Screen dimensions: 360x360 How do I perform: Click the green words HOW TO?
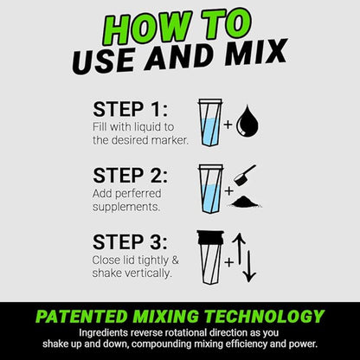click(x=177, y=27)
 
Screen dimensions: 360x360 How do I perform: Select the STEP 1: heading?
click(x=130, y=109)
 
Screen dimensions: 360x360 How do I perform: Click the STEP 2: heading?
click(x=130, y=176)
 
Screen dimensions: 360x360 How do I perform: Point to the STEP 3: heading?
click(x=130, y=241)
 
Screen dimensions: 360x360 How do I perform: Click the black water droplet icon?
click(x=247, y=121)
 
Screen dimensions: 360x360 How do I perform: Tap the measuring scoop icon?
click(x=244, y=175)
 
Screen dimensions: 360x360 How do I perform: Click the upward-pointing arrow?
click(x=239, y=248)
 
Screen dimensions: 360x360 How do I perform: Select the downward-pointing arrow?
click(x=249, y=267)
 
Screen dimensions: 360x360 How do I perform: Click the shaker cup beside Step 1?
click(x=210, y=123)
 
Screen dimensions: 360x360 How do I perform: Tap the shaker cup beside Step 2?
click(x=210, y=189)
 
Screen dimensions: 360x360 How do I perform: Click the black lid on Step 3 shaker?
click(x=210, y=238)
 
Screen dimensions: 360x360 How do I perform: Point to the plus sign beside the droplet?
click(x=228, y=125)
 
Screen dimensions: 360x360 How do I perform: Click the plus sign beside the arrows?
click(x=229, y=262)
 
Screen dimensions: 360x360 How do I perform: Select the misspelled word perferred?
click(x=138, y=194)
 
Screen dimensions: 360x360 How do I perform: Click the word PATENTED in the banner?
click(x=81, y=316)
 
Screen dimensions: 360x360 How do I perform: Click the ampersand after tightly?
click(x=175, y=260)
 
